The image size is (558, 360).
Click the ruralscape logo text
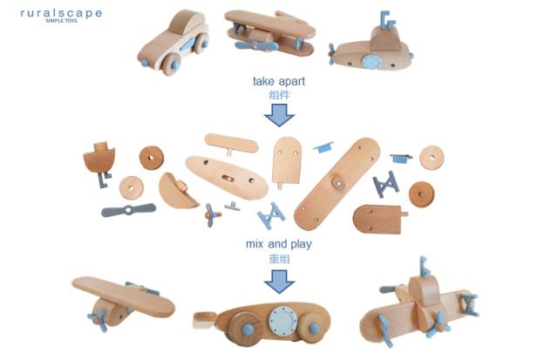(61, 14)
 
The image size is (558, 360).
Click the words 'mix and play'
(278, 244)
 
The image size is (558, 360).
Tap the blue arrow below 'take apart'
(279, 114)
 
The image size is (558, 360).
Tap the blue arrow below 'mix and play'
(279, 279)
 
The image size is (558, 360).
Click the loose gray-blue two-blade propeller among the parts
(128, 210)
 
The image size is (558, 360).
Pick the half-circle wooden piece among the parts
(177, 191)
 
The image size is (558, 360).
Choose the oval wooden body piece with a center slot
(227, 177)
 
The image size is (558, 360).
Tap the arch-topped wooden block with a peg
(286, 160)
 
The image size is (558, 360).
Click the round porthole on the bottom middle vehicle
(283, 320)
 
